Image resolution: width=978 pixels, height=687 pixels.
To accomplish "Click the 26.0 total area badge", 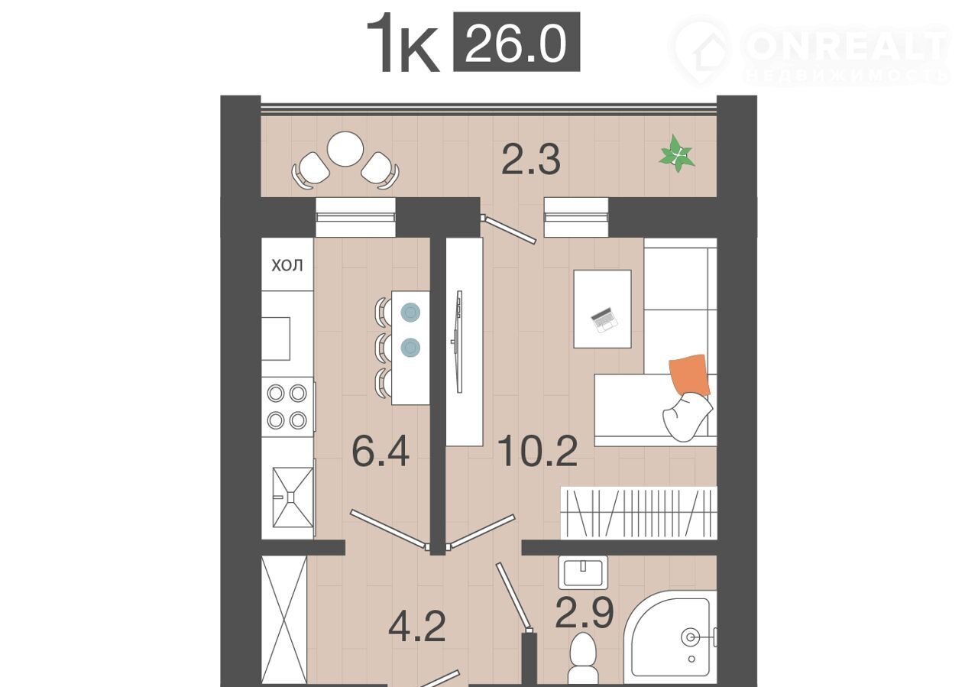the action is point(517,42).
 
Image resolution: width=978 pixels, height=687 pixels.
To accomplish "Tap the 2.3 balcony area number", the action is point(531,160).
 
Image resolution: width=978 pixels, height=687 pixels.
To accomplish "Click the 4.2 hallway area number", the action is point(417,626).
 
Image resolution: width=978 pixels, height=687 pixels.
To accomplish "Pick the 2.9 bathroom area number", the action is point(585,613).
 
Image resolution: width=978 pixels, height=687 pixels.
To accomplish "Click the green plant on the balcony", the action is point(677,154).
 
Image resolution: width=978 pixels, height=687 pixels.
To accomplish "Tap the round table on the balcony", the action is point(345,149).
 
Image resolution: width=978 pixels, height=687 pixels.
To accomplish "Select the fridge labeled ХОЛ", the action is point(287,264).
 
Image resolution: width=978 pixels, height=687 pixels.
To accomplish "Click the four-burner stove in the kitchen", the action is point(288,407).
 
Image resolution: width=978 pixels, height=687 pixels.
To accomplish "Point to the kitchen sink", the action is point(293,497).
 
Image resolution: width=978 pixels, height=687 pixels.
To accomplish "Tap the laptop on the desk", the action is point(604,320).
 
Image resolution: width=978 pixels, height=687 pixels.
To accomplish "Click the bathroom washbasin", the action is point(583,572).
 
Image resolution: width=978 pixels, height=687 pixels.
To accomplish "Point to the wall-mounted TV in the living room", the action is point(458,342).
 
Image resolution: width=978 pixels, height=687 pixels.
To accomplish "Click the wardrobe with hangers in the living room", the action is point(639,514).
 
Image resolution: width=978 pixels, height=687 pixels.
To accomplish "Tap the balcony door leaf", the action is point(509,228).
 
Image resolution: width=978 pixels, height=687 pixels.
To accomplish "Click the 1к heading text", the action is point(403,43).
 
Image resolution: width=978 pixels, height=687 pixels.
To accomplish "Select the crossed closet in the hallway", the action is point(284,619).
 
